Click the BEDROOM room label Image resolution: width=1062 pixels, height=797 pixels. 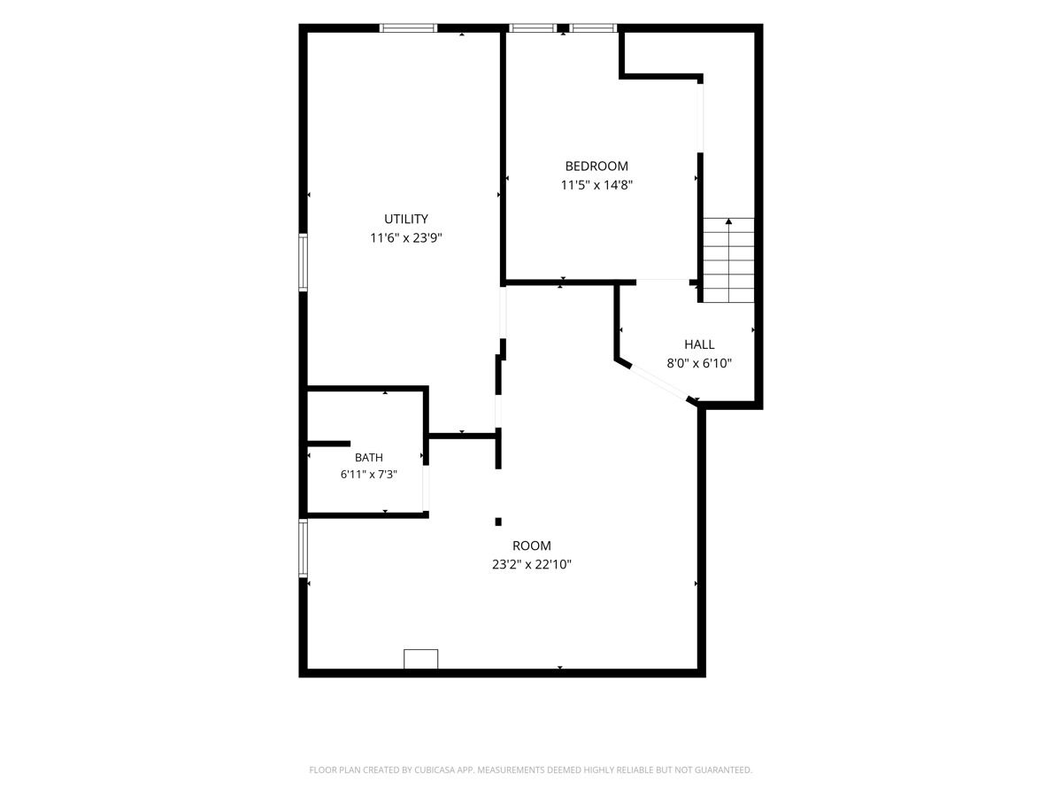(x=596, y=166)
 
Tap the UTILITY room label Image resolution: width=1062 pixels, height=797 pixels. (x=406, y=219)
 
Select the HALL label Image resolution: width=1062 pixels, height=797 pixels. (x=699, y=344)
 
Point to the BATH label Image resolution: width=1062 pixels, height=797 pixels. (x=369, y=457)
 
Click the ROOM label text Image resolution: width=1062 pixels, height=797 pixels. (x=531, y=546)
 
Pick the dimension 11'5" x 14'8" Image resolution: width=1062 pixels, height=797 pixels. (x=596, y=185)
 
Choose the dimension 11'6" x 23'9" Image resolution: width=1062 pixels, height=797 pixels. (x=406, y=238)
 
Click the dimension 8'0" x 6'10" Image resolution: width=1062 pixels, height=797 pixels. (x=699, y=363)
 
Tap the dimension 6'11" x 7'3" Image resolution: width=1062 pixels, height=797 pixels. (x=369, y=475)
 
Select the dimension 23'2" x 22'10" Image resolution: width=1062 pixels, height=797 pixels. (x=532, y=565)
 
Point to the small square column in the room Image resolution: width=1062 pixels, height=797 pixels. (x=498, y=522)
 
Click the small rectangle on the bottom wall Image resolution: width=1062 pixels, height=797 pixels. (x=421, y=659)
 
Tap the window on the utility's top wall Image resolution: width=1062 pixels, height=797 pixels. (x=408, y=28)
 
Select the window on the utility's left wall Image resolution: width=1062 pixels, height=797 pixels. (x=303, y=262)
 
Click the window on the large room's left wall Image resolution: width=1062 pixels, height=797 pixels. (x=303, y=548)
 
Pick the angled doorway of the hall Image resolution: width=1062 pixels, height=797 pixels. (x=659, y=383)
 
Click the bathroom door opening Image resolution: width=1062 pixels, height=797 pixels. (x=426, y=488)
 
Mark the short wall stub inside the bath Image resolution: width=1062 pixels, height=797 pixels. (x=329, y=444)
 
